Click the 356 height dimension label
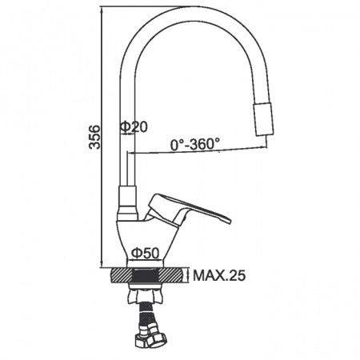(94, 137)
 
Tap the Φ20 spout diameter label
(134, 127)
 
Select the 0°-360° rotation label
(195, 144)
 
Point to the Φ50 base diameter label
(146, 253)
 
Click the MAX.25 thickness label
(219, 276)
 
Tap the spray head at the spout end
(263, 118)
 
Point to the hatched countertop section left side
(122, 275)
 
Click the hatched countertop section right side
(171, 275)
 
